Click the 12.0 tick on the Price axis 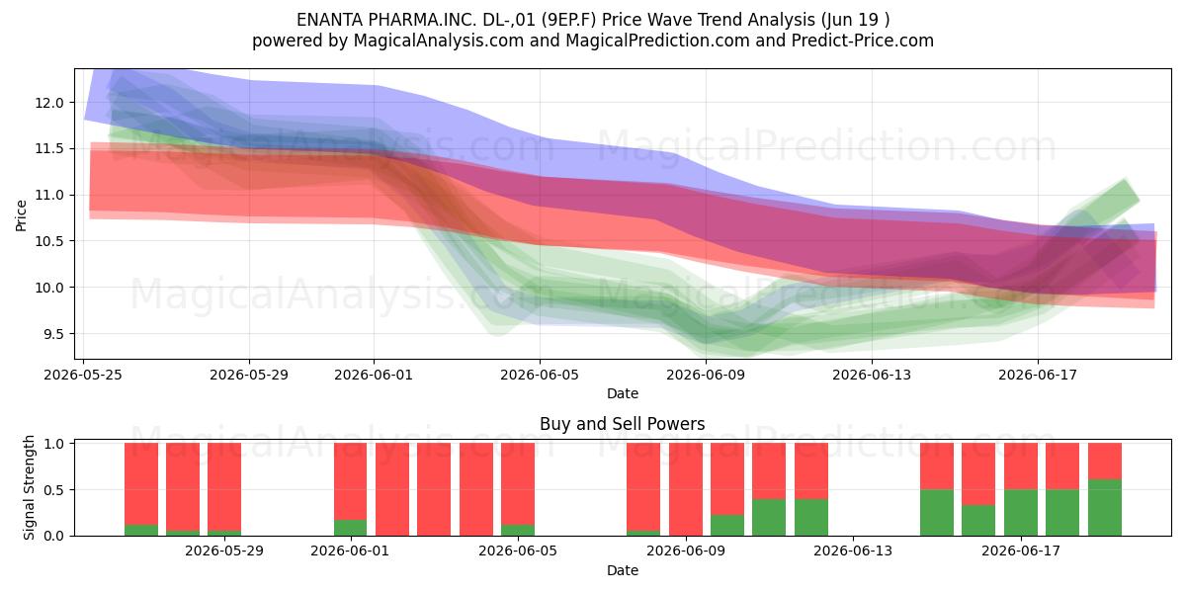(49, 103)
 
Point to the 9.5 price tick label (53, 334)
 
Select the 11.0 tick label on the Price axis (49, 196)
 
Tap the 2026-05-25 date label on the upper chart (83, 375)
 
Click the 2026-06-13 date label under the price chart (872, 375)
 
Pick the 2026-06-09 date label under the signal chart (686, 551)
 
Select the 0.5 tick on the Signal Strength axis (53, 490)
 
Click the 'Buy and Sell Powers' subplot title (622, 424)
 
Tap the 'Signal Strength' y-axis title (29, 487)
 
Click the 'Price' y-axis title (21, 215)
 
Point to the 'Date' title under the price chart (622, 394)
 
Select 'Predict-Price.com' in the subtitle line (862, 41)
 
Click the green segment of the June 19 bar (1105, 508)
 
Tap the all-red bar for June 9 (686, 489)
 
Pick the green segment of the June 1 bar (350, 528)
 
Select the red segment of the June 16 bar (978, 474)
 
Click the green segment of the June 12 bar (811, 517)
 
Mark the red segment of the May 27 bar (183, 487)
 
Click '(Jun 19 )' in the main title (856, 20)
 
